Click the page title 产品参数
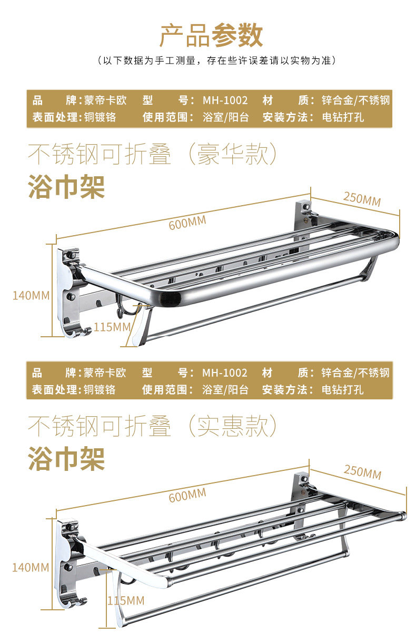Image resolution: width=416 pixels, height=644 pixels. pyautogui.click(x=211, y=36)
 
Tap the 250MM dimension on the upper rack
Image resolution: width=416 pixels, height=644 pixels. pyautogui.click(x=362, y=199)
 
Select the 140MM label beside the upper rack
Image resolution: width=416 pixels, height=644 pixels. pyautogui.click(x=31, y=295)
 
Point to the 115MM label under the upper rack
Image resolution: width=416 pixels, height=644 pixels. pyautogui.click(x=112, y=327)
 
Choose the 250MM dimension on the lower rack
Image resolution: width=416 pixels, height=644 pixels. pyautogui.click(x=362, y=471)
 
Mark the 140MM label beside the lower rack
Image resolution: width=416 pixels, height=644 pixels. pyautogui.click(x=31, y=568)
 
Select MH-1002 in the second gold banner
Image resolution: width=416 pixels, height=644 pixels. pyautogui.click(x=225, y=373)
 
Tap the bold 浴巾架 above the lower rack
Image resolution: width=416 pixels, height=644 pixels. pyautogui.click(x=66, y=458)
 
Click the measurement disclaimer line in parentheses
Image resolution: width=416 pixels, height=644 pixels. pyautogui.click(x=216, y=61)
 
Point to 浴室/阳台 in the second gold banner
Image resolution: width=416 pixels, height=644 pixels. pyautogui.click(x=225, y=390)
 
